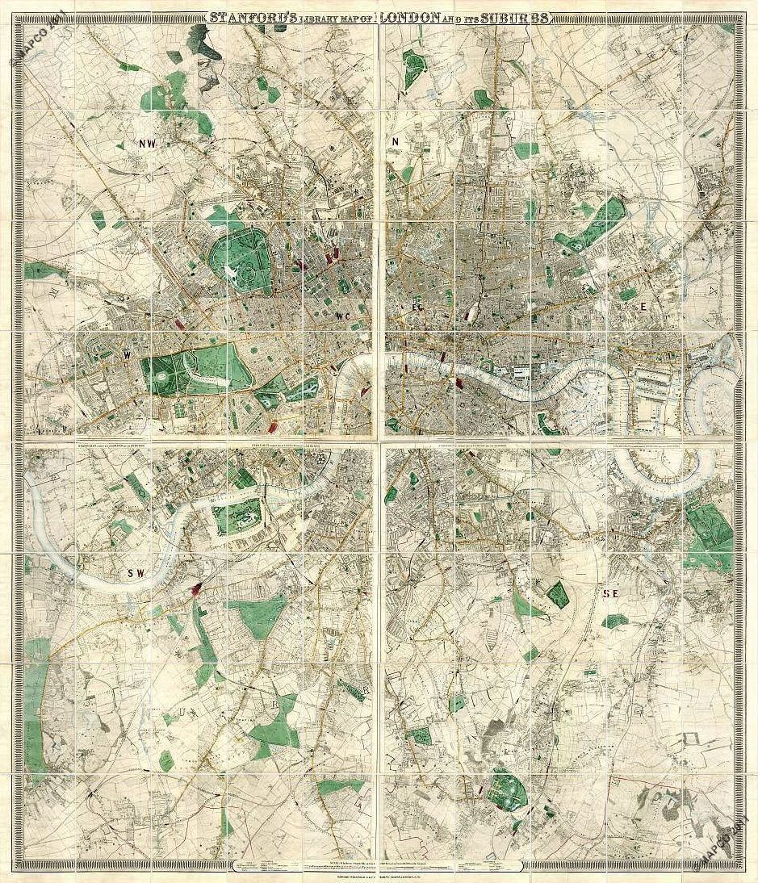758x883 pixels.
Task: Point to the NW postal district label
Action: (x=147, y=144)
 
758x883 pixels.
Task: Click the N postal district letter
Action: (x=396, y=143)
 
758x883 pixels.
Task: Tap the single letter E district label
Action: (x=643, y=307)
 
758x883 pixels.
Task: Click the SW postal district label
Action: (x=135, y=573)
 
